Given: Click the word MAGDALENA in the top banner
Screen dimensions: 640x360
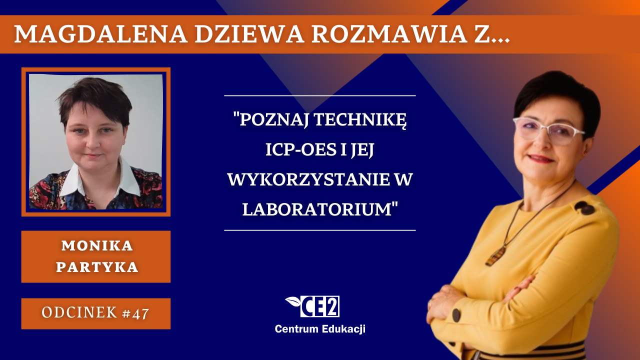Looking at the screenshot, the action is click(x=101, y=34).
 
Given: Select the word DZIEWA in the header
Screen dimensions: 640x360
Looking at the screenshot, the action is click(x=249, y=34).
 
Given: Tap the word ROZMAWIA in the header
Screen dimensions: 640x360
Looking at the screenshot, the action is click(x=389, y=34).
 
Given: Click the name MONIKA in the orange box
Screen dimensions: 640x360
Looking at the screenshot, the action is click(x=97, y=245).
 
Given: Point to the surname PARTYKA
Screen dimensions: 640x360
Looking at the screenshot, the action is click(x=97, y=267).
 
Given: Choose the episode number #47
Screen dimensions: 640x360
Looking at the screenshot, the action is click(x=135, y=313).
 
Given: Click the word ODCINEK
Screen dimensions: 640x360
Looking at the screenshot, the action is click(x=79, y=312).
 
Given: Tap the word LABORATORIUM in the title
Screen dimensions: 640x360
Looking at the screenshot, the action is click(x=316, y=209).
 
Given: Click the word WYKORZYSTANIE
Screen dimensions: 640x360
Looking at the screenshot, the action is click(x=309, y=179).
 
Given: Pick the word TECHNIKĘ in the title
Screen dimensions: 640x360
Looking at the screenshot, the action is click(x=360, y=120).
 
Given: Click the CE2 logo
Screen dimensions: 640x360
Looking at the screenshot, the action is click(x=319, y=306).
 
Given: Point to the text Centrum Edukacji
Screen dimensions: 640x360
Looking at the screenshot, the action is click(x=320, y=329).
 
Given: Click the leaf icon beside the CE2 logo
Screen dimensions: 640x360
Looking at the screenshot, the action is click(x=293, y=301).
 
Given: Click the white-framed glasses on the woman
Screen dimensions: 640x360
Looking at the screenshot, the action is click(x=548, y=130).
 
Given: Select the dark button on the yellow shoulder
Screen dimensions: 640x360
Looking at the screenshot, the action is click(x=585, y=207).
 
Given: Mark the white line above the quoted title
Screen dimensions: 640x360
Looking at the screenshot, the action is click(x=319, y=95).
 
